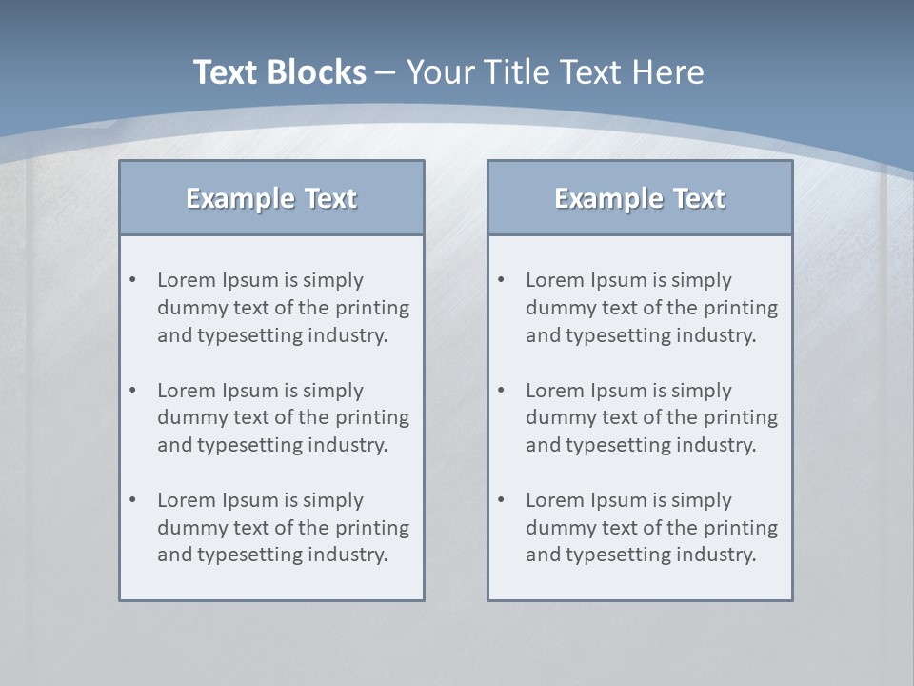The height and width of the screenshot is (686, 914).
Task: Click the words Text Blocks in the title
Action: click(279, 71)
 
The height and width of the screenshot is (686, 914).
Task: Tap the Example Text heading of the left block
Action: click(271, 198)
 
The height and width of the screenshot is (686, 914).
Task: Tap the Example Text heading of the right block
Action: click(640, 198)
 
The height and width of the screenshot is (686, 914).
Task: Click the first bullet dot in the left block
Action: click(133, 280)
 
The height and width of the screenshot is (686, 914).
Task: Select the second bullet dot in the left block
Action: click(133, 390)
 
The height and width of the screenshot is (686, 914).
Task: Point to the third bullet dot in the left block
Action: click(133, 500)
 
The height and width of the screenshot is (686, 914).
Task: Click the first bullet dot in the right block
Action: click(502, 280)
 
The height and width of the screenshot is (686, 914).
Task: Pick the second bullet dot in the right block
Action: click(502, 390)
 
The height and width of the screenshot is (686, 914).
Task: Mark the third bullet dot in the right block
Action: click(502, 500)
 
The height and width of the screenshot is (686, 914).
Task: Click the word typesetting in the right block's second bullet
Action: click(618, 445)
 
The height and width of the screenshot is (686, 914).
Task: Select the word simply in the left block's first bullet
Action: click(334, 280)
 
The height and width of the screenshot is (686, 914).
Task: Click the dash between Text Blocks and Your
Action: click(386, 72)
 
